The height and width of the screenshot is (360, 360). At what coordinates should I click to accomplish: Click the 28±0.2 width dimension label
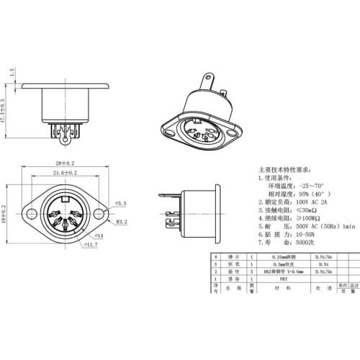pyautogui.click(x=66, y=163)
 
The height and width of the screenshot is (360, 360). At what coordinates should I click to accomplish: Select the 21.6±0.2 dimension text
pyautogui.click(x=66, y=174)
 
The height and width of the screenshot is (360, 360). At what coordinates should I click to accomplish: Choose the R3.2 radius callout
pyautogui.click(x=122, y=223)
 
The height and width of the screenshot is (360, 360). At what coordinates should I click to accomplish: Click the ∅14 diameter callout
pyautogui.click(x=99, y=235)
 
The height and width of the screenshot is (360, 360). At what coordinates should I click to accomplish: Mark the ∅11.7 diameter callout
pyautogui.click(x=91, y=245)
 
